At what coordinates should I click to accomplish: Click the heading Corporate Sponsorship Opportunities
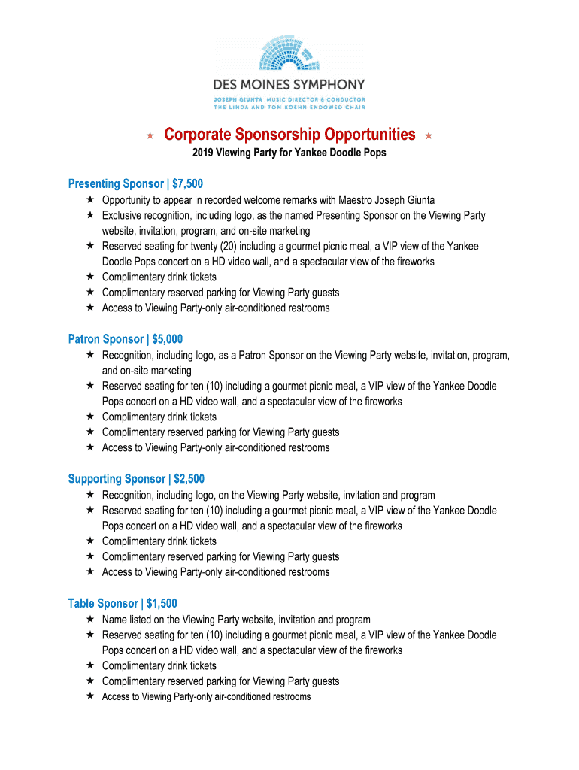click(289, 135)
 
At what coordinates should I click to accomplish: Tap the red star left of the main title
click(150, 136)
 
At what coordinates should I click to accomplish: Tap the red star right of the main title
click(429, 136)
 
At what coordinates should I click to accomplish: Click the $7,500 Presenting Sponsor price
click(187, 184)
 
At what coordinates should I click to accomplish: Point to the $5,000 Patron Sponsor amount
click(167, 339)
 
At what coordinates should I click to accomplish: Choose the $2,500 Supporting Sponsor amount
click(189, 479)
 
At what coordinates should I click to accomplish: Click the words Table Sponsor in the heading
click(103, 604)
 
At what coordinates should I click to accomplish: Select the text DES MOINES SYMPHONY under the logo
click(289, 85)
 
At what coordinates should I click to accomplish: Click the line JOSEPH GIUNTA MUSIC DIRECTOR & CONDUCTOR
click(289, 99)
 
